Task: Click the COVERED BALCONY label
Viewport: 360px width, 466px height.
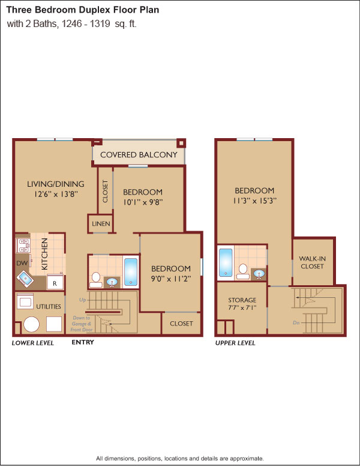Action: pyautogui.click(x=139, y=154)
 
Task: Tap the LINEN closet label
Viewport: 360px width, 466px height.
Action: pyautogui.click(x=101, y=223)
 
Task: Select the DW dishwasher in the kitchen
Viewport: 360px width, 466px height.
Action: pyautogui.click(x=22, y=263)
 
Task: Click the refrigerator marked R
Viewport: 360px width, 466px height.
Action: pyautogui.click(x=55, y=283)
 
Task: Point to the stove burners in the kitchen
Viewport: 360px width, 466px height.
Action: pyautogui.click(x=23, y=246)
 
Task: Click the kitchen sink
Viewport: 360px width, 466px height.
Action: pyautogui.click(x=25, y=279)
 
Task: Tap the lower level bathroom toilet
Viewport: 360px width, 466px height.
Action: pyautogui.click(x=96, y=280)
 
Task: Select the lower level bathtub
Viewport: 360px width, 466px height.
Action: pyautogui.click(x=131, y=271)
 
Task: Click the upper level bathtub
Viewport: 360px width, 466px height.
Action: pyautogui.click(x=226, y=262)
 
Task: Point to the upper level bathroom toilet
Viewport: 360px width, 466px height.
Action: pyautogui.click(x=243, y=271)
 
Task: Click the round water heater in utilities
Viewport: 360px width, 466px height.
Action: pyautogui.click(x=31, y=324)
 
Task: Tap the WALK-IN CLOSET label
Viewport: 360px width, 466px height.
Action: pyautogui.click(x=312, y=262)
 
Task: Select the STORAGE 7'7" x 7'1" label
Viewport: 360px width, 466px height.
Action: pyautogui.click(x=242, y=304)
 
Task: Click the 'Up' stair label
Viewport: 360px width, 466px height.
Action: pyautogui.click(x=83, y=300)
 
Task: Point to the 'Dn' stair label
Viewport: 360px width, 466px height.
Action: pyautogui.click(x=296, y=322)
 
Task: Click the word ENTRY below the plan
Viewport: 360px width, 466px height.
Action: pyautogui.click(x=83, y=342)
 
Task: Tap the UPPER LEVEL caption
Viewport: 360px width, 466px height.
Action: pyautogui.click(x=235, y=343)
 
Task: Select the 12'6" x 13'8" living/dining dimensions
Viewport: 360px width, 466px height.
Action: pyautogui.click(x=56, y=194)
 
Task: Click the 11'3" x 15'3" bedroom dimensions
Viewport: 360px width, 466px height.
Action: pyautogui.click(x=254, y=201)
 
